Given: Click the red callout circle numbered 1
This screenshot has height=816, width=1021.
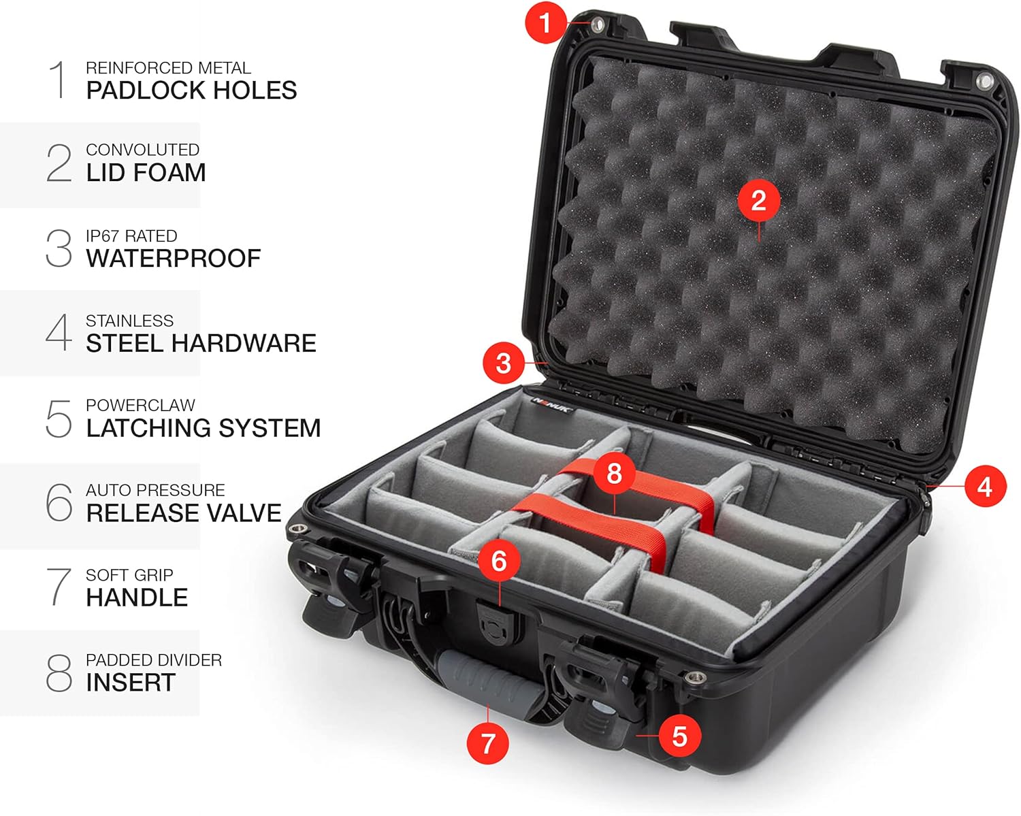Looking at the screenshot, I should click(x=545, y=22).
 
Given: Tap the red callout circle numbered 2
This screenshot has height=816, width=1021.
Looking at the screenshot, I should click(x=758, y=200).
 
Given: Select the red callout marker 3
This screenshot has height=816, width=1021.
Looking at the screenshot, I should click(x=503, y=363).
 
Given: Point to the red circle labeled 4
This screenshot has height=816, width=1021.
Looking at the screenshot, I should click(x=985, y=487).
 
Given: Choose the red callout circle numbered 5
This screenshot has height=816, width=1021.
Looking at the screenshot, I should click(x=679, y=736).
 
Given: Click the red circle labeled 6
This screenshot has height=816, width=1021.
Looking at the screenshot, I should click(x=499, y=561).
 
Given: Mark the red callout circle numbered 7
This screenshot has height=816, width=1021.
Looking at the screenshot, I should click(x=487, y=742).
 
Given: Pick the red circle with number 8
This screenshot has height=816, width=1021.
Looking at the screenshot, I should click(x=614, y=473).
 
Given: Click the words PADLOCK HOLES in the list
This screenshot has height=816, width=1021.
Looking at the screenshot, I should click(x=191, y=91).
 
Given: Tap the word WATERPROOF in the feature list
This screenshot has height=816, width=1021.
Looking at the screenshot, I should click(x=174, y=259).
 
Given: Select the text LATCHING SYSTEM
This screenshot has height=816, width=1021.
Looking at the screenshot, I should click(x=203, y=428).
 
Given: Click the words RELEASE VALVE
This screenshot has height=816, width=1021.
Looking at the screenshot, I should click(x=184, y=513).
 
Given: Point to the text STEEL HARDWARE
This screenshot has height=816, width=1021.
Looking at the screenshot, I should click(x=201, y=344).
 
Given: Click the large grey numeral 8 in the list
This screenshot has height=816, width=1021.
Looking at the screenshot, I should click(x=59, y=673).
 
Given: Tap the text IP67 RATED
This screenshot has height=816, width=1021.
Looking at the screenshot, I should click(x=131, y=236).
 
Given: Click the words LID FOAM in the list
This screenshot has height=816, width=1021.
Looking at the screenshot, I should click(x=146, y=173).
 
